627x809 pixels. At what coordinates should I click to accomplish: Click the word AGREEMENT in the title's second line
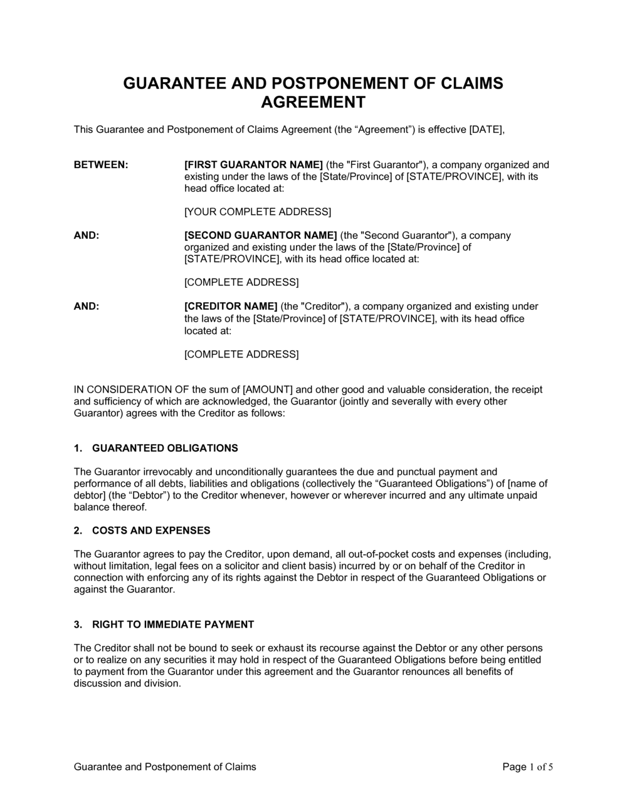pyautogui.click(x=313, y=102)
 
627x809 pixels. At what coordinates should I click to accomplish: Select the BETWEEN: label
pyautogui.click(x=101, y=165)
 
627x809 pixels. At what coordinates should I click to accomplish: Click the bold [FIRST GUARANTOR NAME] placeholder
pyautogui.click(x=253, y=165)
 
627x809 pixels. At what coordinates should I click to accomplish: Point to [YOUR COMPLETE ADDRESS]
pyautogui.click(x=258, y=211)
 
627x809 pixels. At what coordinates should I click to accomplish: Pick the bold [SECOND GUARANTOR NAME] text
pyautogui.click(x=261, y=236)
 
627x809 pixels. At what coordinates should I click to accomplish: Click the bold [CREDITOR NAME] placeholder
pyautogui.click(x=231, y=307)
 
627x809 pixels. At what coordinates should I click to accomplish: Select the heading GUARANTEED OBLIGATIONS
pyautogui.click(x=165, y=448)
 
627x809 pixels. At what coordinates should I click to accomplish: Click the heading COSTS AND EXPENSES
pyautogui.click(x=151, y=531)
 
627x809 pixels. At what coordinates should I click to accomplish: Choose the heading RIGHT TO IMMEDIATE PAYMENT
pyautogui.click(x=173, y=625)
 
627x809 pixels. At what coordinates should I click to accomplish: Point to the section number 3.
pyautogui.click(x=78, y=625)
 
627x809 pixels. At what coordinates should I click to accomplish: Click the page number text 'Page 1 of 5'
pyautogui.click(x=527, y=767)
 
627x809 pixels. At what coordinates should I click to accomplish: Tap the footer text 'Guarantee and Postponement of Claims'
pyautogui.click(x=165, y=767)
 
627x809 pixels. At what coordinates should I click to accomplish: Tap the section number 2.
pyautogui.click(x=78, y=531)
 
